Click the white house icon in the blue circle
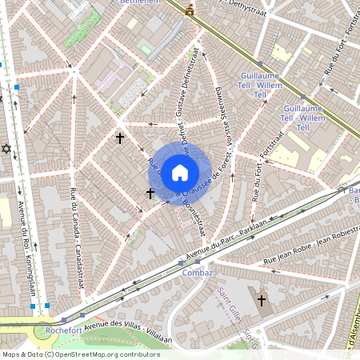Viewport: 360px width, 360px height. (180, 171)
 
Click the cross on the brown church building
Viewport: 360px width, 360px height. (261, 300)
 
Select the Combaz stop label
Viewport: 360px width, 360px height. (197, 273)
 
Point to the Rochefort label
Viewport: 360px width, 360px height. (66, 328)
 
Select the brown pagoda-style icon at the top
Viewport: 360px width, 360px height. (190, 10)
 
